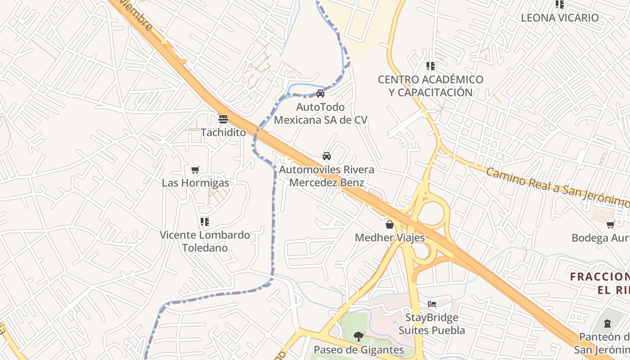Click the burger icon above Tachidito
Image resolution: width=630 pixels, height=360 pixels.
tap(223, 119)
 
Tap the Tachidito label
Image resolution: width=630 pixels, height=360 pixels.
tap(223, 132)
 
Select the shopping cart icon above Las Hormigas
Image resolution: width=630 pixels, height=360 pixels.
tap(195, 170)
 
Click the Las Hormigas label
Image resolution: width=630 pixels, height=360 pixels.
tap(195, 183)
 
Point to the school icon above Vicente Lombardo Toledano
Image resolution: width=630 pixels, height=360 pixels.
tap(205, 221)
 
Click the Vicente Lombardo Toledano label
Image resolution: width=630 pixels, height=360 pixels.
tap(205, 241)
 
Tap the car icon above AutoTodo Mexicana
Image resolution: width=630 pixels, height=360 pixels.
tap(320, 94)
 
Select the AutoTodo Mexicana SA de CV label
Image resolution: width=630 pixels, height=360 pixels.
tap(320, 113)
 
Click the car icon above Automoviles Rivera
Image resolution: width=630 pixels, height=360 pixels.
tap(327, 156)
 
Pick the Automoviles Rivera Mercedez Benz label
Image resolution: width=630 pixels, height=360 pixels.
tap(327, 176)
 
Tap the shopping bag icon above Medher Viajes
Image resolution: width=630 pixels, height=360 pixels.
tap(390, 224)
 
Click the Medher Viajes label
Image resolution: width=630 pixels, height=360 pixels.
tap(390, 237)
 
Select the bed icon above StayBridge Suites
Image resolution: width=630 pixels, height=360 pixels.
tap(432, 304)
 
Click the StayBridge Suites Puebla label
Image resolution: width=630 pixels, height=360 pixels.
tap(432, 324)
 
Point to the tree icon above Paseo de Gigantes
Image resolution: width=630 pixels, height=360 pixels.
tap(359, 336)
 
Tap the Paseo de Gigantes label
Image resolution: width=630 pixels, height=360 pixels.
tap(359, 350)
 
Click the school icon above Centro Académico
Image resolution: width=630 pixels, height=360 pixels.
tap(431, 66)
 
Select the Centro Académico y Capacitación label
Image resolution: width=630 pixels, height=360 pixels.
tap(431, 86)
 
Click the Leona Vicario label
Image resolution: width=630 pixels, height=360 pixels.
tap(560, 18)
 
